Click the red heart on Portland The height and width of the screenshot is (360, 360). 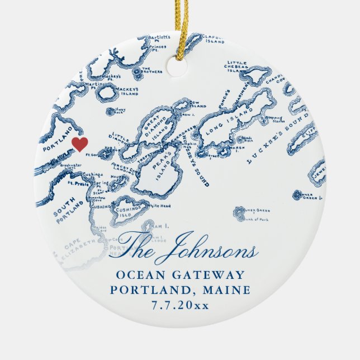point(80,144)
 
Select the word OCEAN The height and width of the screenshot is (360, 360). point(138,274)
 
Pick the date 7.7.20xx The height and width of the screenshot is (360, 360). point(179,305)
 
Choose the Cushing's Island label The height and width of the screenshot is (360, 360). point(124,212)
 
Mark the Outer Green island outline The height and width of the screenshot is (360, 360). point(241,213)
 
